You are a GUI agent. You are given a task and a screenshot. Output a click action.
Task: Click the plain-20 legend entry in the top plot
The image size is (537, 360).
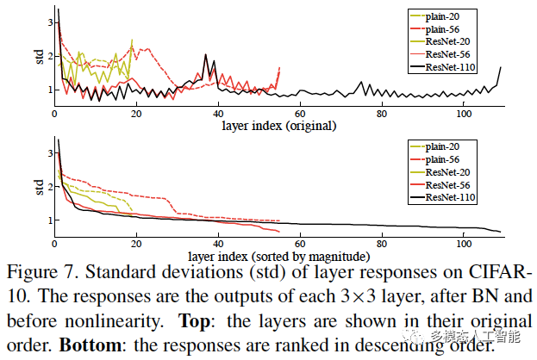[x=446, y=16]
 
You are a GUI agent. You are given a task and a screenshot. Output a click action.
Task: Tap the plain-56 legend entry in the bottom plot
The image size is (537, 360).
[x=446, y=159]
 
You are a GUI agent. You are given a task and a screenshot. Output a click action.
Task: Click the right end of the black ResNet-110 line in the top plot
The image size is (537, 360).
[x=500, y=67]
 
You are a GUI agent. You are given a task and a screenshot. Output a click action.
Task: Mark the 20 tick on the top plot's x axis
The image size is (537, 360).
[x=137, y=114]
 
